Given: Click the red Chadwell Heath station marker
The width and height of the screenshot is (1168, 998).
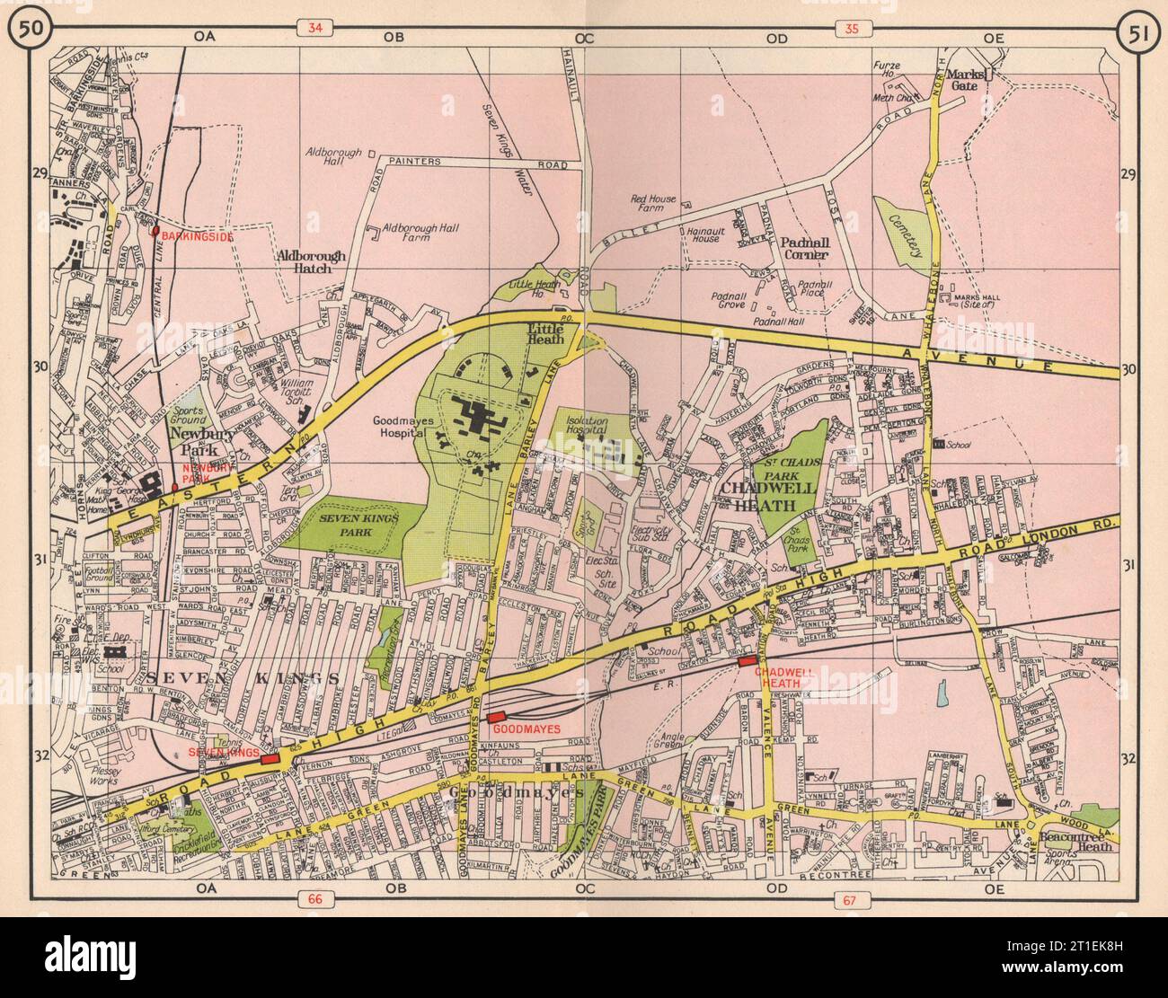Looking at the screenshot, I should tap(746, 661).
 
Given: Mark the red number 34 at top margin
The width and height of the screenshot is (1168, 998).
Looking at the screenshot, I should tap(314, 29).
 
